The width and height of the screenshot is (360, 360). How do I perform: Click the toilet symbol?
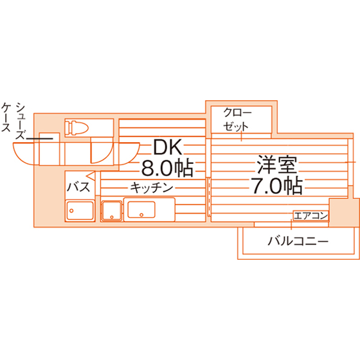point(76,127)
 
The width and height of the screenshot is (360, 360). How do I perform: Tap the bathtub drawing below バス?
point(80,211)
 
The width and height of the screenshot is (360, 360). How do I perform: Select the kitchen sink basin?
point(141,210)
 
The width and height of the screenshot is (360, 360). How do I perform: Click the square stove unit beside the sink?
point(112,211)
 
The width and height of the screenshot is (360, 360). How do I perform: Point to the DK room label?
point(168,147)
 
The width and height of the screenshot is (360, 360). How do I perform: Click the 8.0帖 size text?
point(167,168)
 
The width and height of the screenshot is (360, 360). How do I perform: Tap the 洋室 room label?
point(277,165)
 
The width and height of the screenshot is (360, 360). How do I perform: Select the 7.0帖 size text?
point(276,186)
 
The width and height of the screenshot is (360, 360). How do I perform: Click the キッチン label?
point(152,188)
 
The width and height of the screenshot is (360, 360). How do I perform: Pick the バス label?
point(78,186)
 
